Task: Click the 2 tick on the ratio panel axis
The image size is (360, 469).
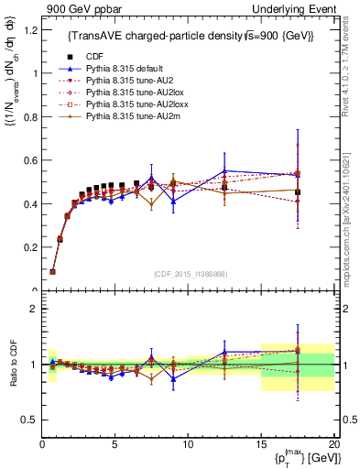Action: [x=33, y=309]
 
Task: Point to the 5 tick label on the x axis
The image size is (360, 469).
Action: [x=115, y=444]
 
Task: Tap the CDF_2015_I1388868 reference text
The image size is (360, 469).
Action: [x=188, y=273]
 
